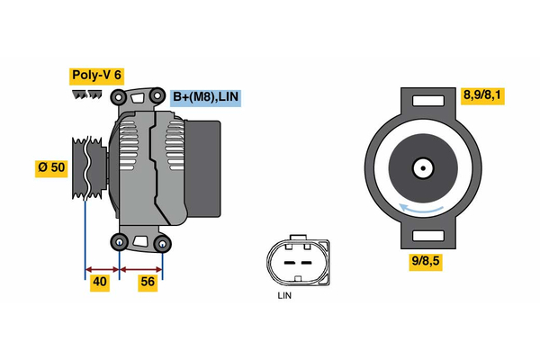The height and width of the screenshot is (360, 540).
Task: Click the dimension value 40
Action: coord(100,283)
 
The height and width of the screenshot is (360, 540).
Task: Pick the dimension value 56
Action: coord(148,283)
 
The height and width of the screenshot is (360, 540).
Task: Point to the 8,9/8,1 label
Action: coord(481,94)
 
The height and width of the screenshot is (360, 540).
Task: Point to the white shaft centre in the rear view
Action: coord(422,167)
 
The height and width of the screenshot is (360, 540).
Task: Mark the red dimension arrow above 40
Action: coord(102,268)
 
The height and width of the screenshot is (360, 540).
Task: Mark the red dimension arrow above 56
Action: coord(141,268)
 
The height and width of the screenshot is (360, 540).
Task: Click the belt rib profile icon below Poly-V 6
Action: coord(88,95)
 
